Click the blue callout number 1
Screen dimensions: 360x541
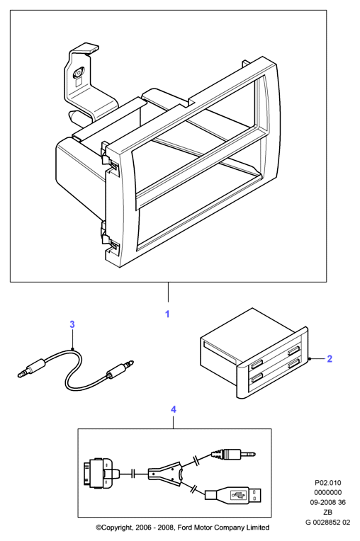point(167,314)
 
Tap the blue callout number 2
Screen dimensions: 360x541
point(330,359)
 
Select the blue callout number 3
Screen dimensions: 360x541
point(72,324)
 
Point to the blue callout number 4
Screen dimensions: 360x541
point(174,409)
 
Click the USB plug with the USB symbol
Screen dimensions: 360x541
point(233,496)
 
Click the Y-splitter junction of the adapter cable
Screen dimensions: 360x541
point(165,473)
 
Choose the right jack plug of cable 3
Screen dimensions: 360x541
point(120,368)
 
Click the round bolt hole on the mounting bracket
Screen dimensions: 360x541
point(78,73)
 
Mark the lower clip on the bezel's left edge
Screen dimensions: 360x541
point(108,238)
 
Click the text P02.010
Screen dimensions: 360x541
point(327,483)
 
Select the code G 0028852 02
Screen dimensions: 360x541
point(327,522)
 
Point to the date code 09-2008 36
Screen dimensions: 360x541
point(327,502)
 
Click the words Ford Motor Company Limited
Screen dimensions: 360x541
point(227,528)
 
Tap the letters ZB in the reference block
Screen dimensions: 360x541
point(327,513)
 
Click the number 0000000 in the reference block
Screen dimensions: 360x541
point(327,492)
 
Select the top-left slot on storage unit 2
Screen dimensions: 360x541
point(257,363)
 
